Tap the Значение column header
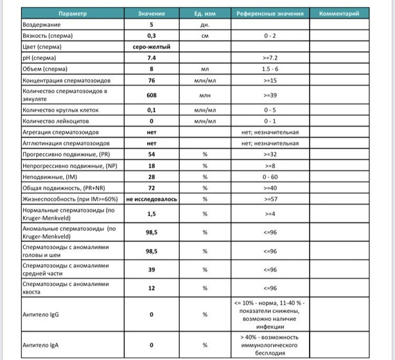(152, 13)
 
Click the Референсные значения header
(269, 13)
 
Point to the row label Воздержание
(42, 24)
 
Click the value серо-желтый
(152, 46)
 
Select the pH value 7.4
(152, 58)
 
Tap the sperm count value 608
(152, 94)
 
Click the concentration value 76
(152, 80)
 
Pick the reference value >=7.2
(269, 58)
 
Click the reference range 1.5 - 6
(269, 69)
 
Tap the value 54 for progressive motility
(152, 155)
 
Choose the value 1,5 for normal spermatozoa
(152, 213)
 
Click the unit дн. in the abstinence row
(205, 24)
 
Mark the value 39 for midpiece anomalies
(152, 269)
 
